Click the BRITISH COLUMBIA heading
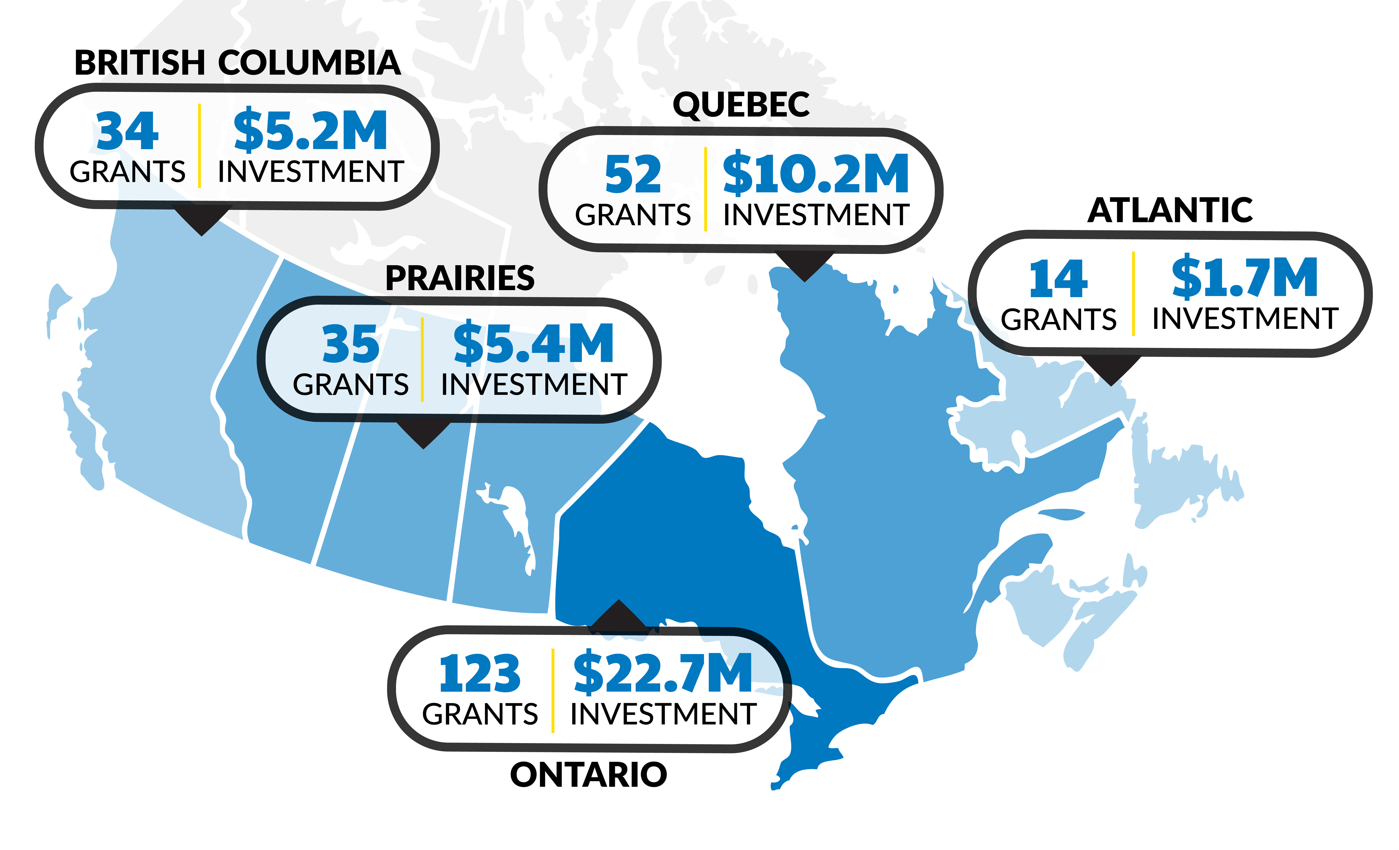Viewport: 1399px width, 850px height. click(x=237, y=63)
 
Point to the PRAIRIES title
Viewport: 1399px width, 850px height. click(x=460, y=278)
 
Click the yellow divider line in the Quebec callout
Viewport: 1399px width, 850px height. click(x=705, y=189)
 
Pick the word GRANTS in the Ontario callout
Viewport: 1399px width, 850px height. click(x=480, y=714)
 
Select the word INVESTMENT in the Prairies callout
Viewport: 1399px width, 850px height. click(x=534, y=385)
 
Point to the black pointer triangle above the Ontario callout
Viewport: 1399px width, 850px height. click(x=619, y=615)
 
